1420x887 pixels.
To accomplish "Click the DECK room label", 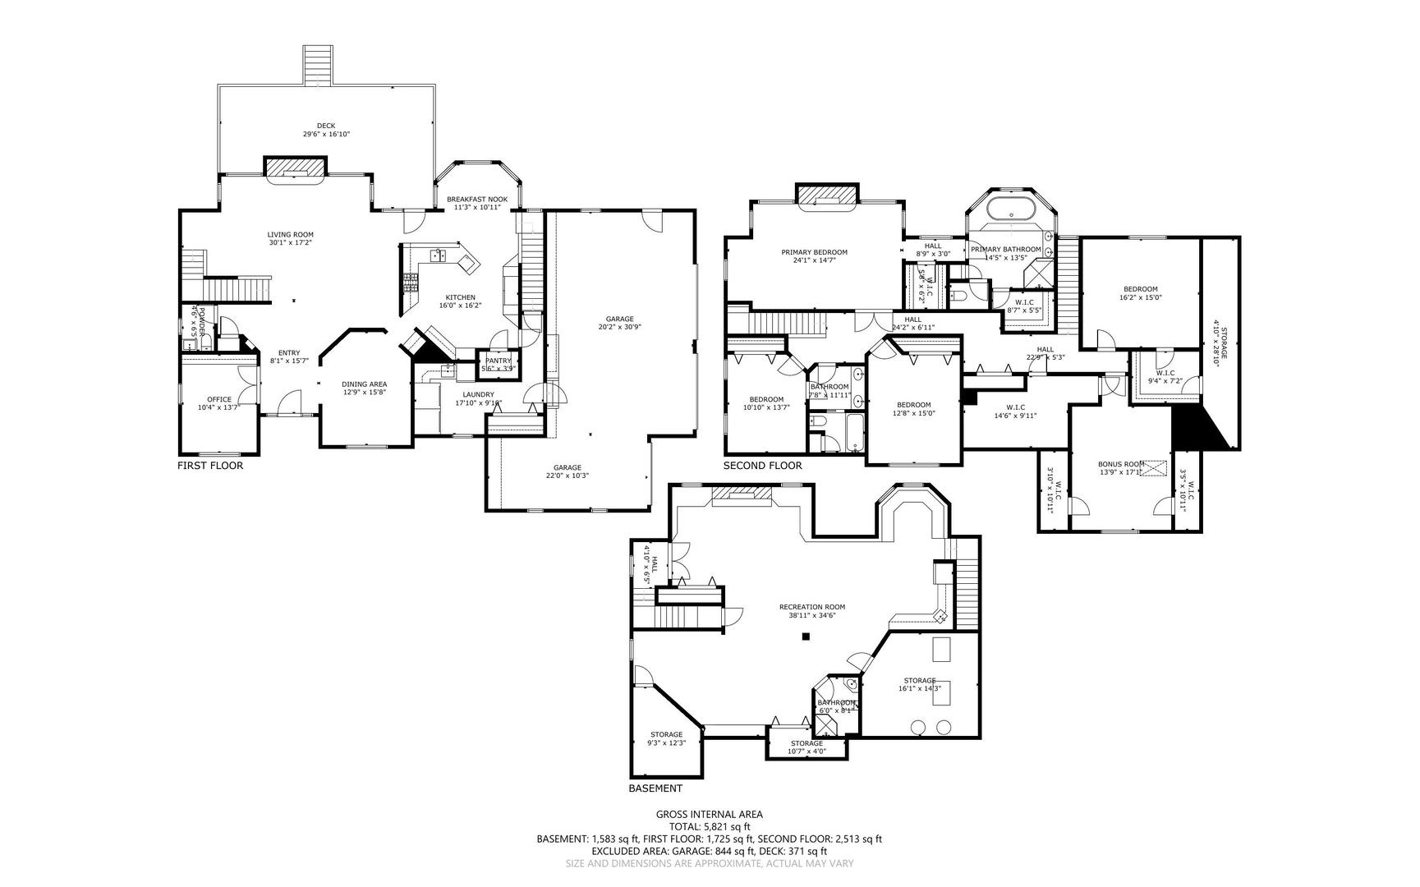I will click(x=326, y=126).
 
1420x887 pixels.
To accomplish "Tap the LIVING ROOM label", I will click(x=290, y=234).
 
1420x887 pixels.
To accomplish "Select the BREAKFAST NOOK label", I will click(x=476, y=200).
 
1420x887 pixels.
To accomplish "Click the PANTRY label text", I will click(x=498, y=361).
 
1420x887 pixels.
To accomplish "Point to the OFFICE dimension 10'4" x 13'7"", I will click(x=218, y=407).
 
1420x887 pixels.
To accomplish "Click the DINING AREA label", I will click(x=364, y=384).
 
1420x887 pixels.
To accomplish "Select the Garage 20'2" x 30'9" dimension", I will click(x=620, y=327).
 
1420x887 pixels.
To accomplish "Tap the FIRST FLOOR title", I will click(x=210, y=466).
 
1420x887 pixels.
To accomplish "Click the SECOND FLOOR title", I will click(x=762, y=466).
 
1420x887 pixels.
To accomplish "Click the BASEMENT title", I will click(x=655, y=788).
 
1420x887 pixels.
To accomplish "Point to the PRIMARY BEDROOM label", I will click(x=814, y=252).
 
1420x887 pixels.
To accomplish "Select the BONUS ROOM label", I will click(x=1121, y=463).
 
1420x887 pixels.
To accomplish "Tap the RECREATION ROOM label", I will click(x=811, y=607).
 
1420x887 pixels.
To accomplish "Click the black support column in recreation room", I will click(x=807, y=636).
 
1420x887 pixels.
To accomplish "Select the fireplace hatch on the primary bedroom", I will click(x=827, y=193).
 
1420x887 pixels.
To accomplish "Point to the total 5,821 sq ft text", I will click(x=710, y=827).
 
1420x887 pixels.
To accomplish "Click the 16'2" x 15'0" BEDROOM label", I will click(x=1140, y=289).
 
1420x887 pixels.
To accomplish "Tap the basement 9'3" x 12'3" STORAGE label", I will click(x=666, y=734).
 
